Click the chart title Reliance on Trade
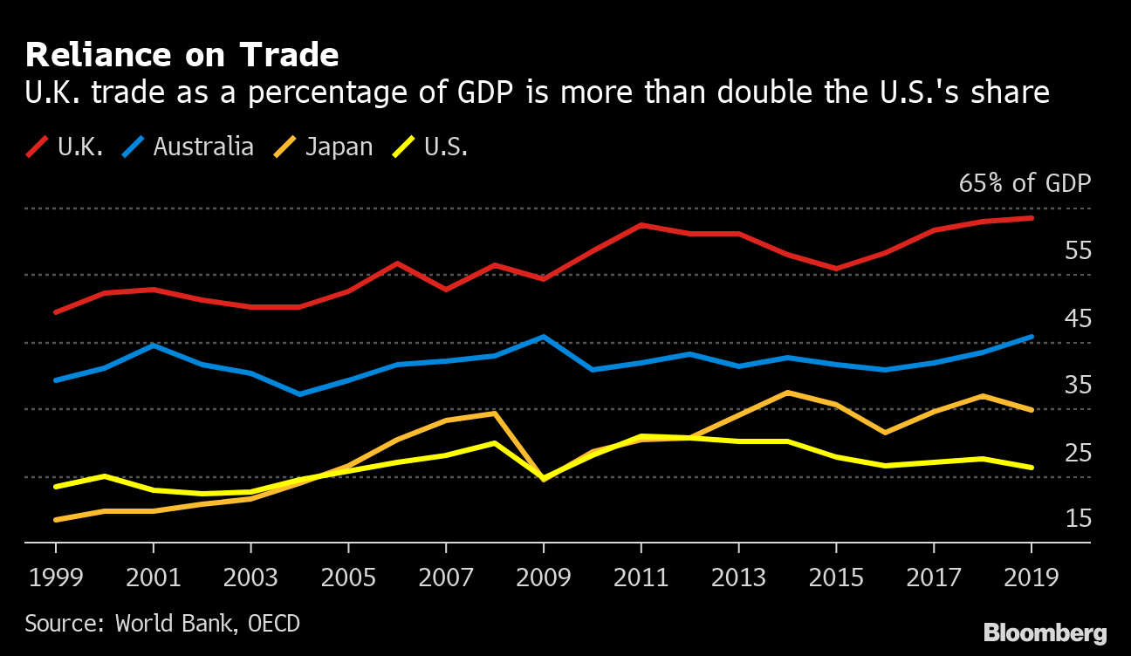pyautogui.click(x=182, y=55)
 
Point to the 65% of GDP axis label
pyautogui.click(x=1025, y=184)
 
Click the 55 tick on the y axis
pyautogui.click(x=1078, y=251)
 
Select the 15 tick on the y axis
pyautogui.click(x=1078, y=520)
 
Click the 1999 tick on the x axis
pyautogui.click(x=56, y=577)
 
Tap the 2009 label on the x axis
pyautogui.click(x=544, y=577)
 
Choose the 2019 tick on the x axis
pyautogui.click(x=1032, y=577)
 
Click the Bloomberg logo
pyautogui.click(x=1045, y=633)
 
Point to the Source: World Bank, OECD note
pyautogui.click(x=161, y=624)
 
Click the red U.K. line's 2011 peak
pyautogui.click(x=641, y=225)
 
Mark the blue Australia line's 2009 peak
pyautogui.click(x=544, y=337)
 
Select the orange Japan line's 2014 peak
pyautogui.click(x=788, y=393)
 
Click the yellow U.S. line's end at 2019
pyautogui.click(x=1032, y=468)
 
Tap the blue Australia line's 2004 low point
pyautogui.click(x=300, y=394)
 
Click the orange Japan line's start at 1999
pyautogui.click(x=56, y=520)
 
